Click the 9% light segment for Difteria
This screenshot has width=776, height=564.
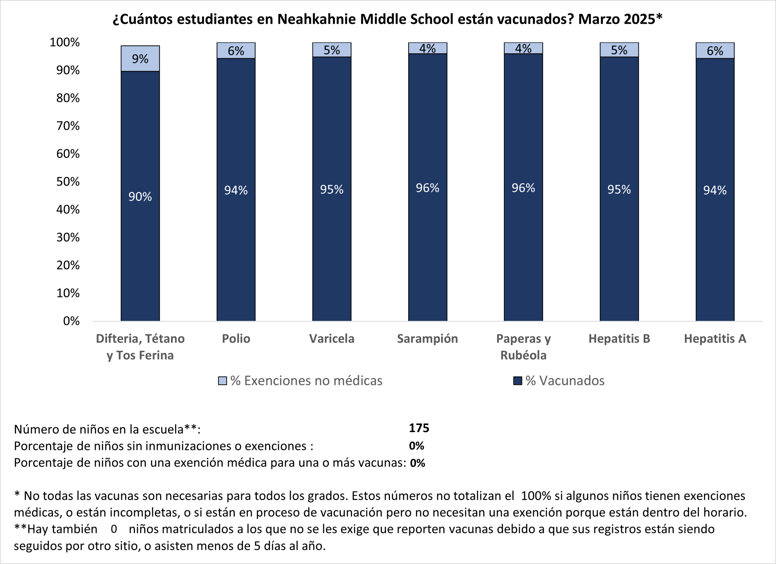pos(140,58)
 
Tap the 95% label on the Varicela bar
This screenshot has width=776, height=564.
pos(332,189)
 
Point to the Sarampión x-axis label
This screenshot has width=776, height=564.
pos(427,339)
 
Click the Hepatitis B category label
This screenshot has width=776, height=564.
pos(619,339)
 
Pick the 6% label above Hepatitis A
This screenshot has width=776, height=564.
pos(715,51)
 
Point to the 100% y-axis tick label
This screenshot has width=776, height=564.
pos(64,42)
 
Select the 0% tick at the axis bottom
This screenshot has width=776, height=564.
pos(71,321)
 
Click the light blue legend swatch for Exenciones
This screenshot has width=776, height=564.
pos(222,381)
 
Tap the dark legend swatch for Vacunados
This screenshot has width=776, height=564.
pos(517,381)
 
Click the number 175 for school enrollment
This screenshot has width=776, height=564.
pos(419,428)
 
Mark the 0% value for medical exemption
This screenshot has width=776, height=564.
pos(417,463)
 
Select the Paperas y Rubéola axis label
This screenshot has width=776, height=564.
pos(523,347)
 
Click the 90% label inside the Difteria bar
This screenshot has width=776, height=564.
pos(140,197)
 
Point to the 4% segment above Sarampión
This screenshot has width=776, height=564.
pos(427,48)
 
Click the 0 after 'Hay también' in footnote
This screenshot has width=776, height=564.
pos(114,529)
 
